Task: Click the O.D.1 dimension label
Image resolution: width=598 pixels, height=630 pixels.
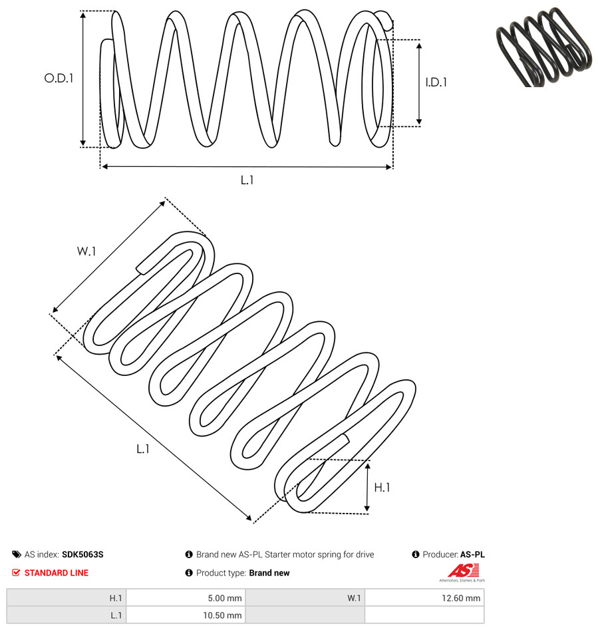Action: (x=59, y=78)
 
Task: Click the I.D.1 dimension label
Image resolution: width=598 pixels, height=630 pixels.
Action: (x=436, y=82)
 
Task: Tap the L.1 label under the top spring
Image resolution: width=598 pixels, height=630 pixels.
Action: (x=247, y=180)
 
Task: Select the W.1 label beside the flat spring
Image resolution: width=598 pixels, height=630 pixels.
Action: (x=86, y=251)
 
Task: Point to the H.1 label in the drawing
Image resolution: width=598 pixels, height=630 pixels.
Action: (x=382, y=488)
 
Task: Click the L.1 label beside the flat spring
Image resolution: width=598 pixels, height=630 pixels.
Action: (x=143, y=449)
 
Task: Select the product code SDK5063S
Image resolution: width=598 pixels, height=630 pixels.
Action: (x=82, y=554)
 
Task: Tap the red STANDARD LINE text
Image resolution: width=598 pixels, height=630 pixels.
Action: (x=57, y=573)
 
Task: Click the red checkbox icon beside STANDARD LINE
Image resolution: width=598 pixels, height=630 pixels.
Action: (x=16, y=573)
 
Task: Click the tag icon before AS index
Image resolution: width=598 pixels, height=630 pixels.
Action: (x=17, y=554)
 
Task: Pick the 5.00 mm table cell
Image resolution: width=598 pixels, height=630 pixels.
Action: (x=186, y=598)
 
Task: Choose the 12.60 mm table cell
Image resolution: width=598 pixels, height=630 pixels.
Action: (x=424, y=598)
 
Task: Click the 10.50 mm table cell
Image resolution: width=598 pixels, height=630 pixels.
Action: (x=186, y=615)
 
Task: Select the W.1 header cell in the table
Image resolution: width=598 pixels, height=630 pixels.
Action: (x=305, y=598)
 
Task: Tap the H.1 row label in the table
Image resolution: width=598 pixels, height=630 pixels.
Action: (x=116, y=598)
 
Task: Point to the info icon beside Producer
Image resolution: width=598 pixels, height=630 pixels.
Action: (x=416, y=554)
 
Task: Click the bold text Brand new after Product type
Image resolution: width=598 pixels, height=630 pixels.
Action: (x=269, y=573)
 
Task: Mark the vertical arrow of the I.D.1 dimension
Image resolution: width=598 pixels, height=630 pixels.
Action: (x=419, y=84)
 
